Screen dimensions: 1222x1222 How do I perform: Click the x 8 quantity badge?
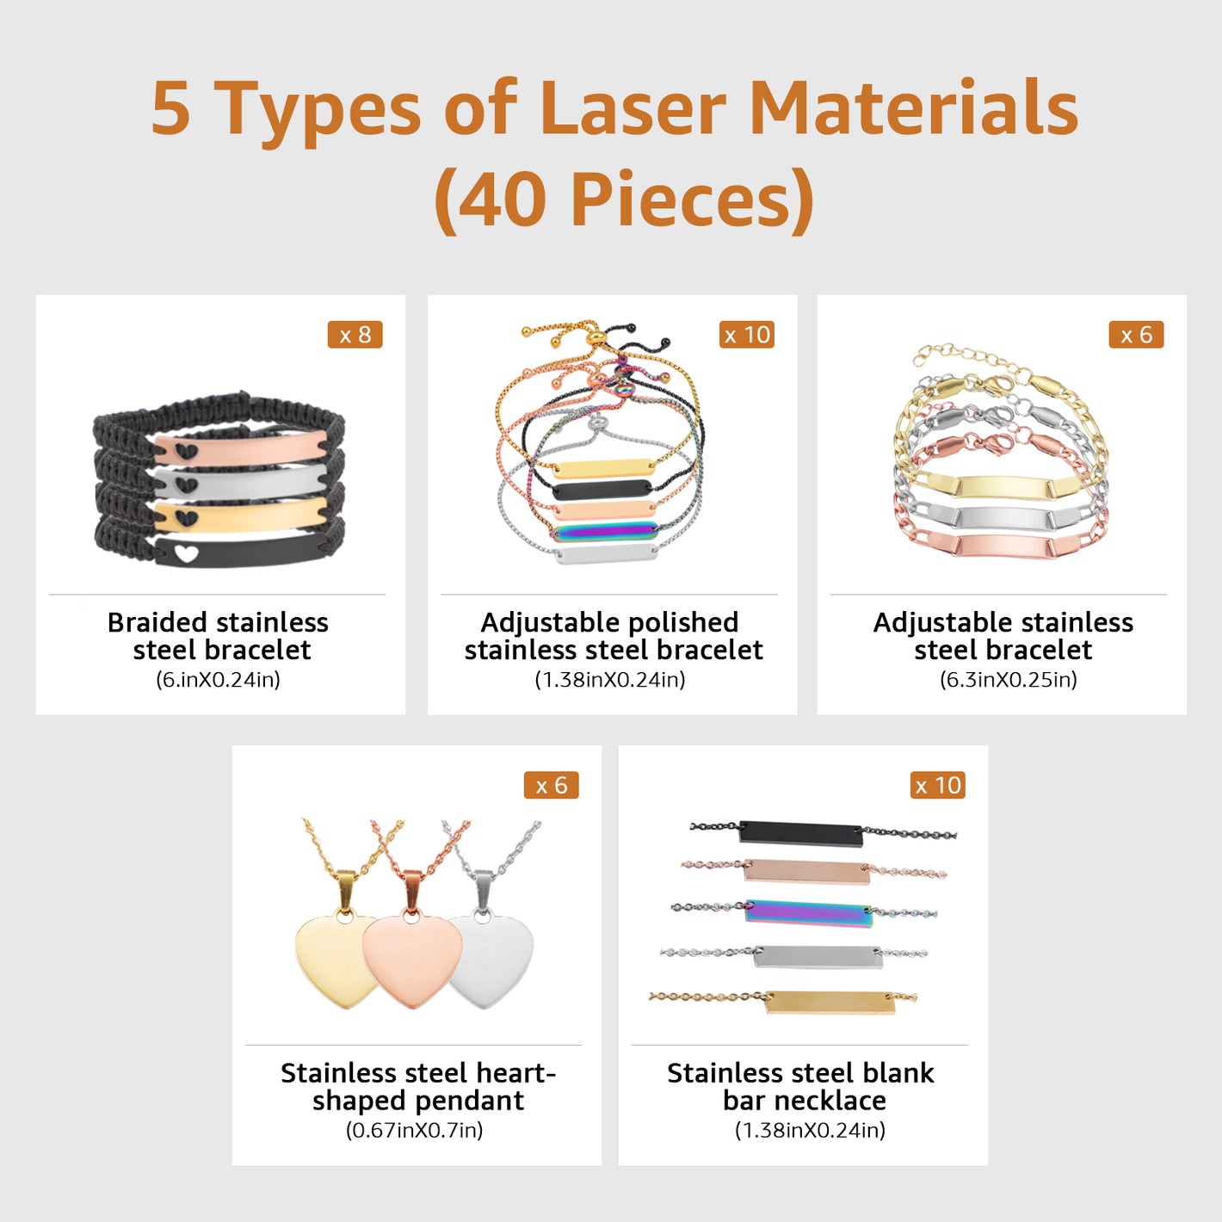tap(355, 335)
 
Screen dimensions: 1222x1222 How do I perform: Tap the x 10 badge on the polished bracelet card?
tap(746, 335)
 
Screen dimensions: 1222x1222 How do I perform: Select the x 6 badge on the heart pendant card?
tap(551, 785)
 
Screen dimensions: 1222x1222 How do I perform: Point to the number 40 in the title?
tap(503, 199)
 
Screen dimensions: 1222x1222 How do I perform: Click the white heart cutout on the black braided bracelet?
tap(187, 553)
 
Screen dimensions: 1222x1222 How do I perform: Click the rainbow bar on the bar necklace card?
tap(809, 913)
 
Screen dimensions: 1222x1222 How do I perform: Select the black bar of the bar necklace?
tap(801, 833)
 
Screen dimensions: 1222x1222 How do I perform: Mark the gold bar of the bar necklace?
tap(830, 1002)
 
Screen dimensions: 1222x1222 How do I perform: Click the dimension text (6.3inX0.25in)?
tap(1009, 680)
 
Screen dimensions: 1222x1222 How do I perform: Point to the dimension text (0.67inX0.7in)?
tap(414, 1130)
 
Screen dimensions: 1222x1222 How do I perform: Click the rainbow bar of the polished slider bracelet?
tap(605, 532)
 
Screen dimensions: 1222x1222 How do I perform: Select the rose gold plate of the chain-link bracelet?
tap(1002, 546)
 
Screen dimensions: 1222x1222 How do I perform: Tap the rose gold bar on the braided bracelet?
tap(242, 447)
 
